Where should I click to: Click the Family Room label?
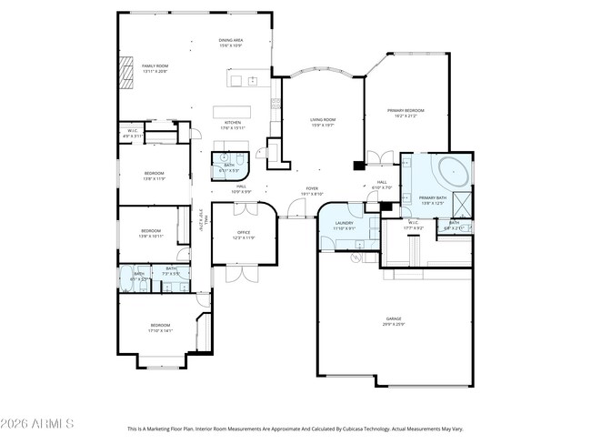[x=155, y=66]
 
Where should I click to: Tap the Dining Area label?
[x=231, y=42]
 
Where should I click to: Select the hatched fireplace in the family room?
[x=126, y=71]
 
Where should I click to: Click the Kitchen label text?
[x=233, y=124]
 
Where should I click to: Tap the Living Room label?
[x=324, y=121]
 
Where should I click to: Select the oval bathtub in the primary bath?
[x=452, y=170]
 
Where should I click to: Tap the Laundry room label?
[x=344, y=225]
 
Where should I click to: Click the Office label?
[x=244, y=234]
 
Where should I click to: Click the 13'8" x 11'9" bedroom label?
[x=154, y=176]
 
